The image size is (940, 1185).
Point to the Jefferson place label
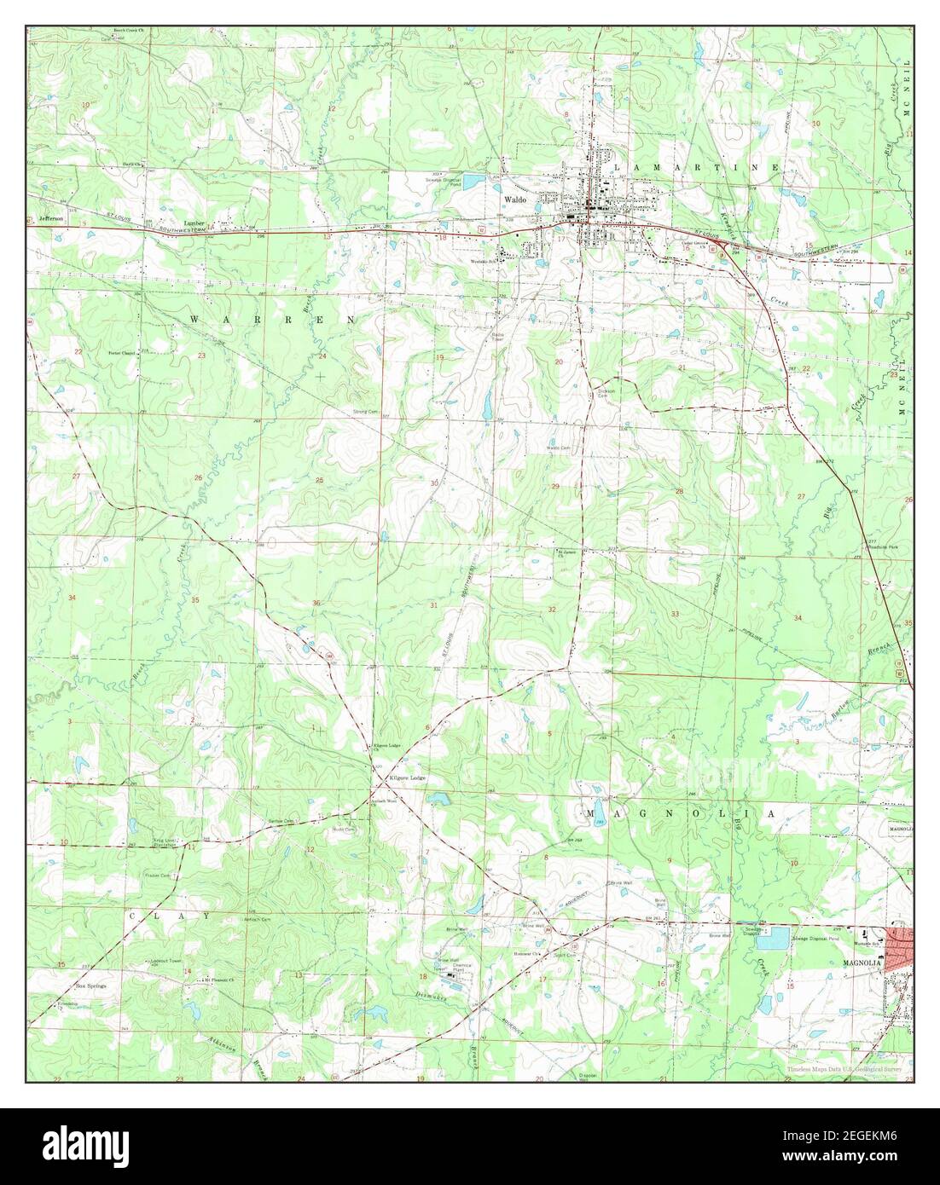pyautogui.click(x=51, y=218)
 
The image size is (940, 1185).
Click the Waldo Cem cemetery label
pyautogui.click(x=558, y=448)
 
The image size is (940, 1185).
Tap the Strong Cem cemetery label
pyautogui.click(x=365, y=413)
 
